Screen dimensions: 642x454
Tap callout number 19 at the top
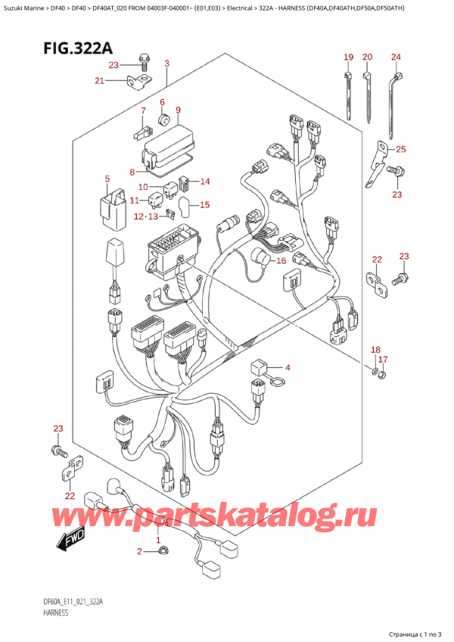click(348, 58)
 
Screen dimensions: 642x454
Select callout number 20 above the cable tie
click(368, 58)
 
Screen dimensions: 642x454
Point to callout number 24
click(396, 58)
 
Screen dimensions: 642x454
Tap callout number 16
click(281, 261)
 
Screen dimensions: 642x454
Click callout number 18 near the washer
click(375, 349)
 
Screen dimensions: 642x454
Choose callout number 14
click(204, 181)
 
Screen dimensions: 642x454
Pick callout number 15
click(204, 204)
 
